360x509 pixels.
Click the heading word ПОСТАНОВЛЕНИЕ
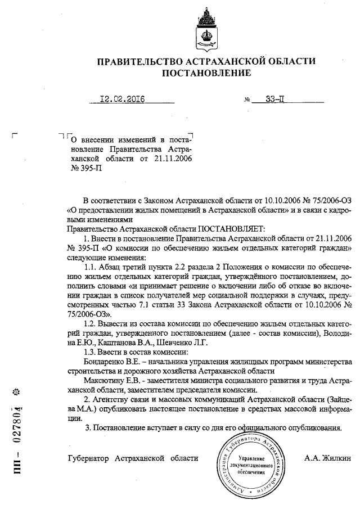206,73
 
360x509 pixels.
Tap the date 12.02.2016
122,100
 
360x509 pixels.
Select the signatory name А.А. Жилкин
328,458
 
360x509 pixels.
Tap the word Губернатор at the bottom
89,458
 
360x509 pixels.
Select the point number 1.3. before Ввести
91,351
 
